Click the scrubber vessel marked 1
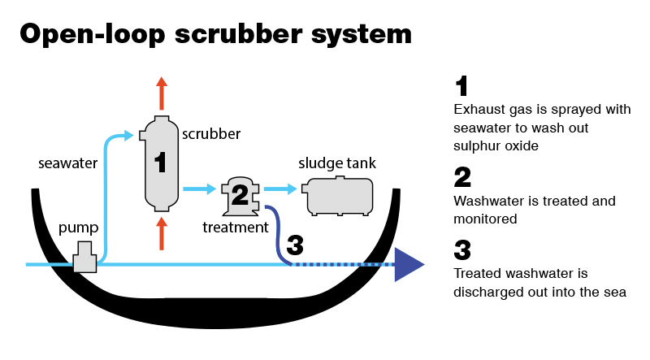[160, 163]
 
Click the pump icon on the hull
[84, 258]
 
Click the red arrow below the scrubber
[161, 233]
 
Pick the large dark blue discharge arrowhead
[409, 265]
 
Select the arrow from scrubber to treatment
[200, 189]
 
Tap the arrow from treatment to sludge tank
[280, 189]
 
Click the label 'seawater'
[68, 163]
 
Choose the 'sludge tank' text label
[337, 164]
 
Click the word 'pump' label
[78, 228]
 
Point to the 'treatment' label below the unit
[236, 228]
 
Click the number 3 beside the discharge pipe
[296, 244]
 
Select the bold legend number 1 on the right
[462, 85]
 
